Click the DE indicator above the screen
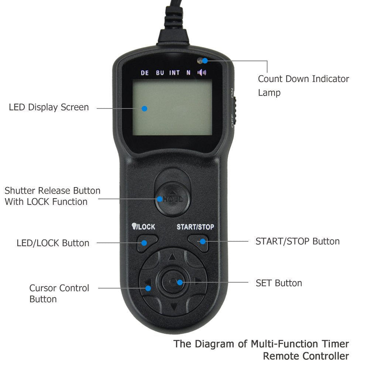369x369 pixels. point(145,73)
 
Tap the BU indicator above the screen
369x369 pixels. point(160,73)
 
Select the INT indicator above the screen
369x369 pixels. point(175,73)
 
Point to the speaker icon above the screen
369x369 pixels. point(202,73)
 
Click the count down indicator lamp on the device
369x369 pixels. point(200,60)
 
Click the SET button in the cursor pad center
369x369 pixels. point(174,282)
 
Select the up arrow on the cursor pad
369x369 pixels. point(172,257)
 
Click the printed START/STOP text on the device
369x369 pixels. point(195,227)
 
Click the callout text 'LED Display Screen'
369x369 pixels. point(49,107)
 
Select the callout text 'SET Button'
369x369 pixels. point(279,283)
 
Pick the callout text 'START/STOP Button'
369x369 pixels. point(297,241)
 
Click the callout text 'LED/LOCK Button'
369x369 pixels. point(53,243)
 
